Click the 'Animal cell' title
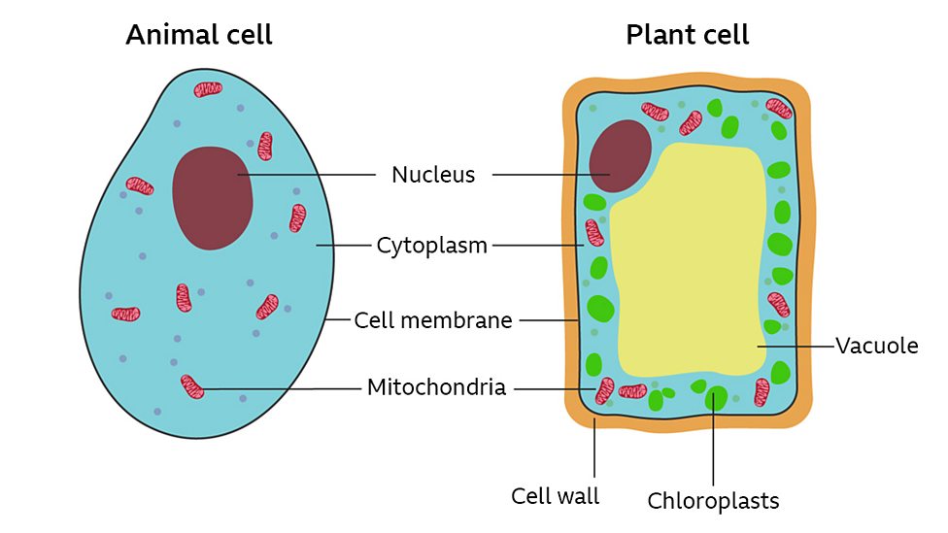pos(198,36)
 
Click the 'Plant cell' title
pos(687,36)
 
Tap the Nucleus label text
pos(433,175)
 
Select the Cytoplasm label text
pos(431,246)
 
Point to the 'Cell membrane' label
pos(432,319)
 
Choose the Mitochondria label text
pos(436,388)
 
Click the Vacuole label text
pos(876,346)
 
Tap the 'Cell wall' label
pos(555,496)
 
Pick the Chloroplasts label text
pos(713,501)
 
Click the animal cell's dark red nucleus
pos(213,197)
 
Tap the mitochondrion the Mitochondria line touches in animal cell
pos(192,387)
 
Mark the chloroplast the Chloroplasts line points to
pos(716,398)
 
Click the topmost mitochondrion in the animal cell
pos(208,89)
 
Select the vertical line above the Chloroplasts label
pos(715,447)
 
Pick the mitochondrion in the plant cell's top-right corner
pos(778,109)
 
